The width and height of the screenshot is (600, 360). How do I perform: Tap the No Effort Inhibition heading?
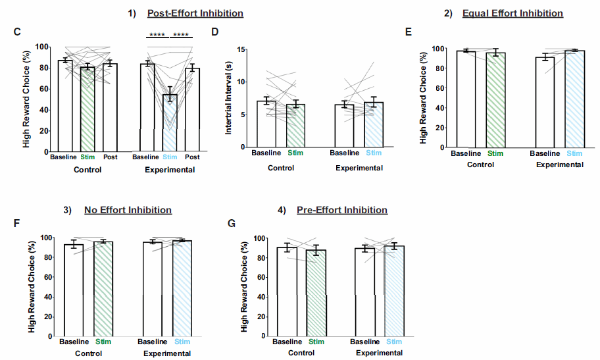coord(128,210)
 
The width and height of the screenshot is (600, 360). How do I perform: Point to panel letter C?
coord(17,31)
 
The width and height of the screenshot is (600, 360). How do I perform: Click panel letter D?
coord(214,31)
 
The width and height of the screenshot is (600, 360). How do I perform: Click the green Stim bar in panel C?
coord(88,109)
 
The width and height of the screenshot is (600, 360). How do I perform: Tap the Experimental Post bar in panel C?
coord(192,109)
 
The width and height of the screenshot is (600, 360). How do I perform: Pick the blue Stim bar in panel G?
coord(394,290)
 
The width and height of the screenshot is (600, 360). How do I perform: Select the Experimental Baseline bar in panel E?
coord(544,102)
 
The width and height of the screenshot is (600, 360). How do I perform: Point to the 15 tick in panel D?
coord(240,49)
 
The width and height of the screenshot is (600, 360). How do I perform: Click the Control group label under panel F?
coord(88,353)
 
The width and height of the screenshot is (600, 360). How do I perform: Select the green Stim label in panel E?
coord(495,153)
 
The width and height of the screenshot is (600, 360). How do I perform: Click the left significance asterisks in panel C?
coord(156,35)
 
